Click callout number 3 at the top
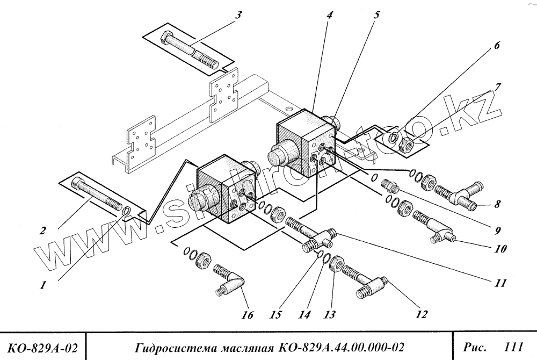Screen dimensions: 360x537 tap(238, 15)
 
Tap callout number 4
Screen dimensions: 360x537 tap(329, 15)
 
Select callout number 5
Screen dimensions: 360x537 tap(376, 15)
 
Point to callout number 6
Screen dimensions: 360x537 tap(497, 46)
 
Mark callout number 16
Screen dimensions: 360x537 tap(246, 315)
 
